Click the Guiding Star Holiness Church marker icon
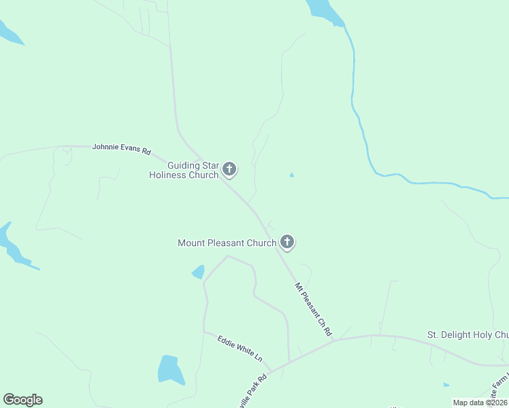coord(230,169)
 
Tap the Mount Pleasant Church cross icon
coord(287,241)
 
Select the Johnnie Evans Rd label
coord(121,148)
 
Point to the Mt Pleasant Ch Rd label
coord(313,310)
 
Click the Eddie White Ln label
coord(240,347)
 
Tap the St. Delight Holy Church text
coord(467,335)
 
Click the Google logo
coord(22,400)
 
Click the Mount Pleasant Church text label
coord(227,243)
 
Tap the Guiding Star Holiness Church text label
coord(184,170)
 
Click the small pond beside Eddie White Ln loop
coord(198,273)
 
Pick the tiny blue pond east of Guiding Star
coord(292,175)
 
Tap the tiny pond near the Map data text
coord(446,385)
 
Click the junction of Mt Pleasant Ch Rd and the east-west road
coord(334,341)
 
